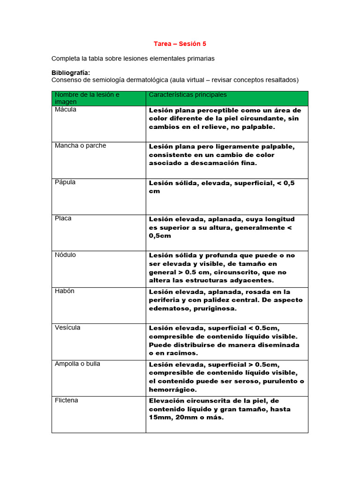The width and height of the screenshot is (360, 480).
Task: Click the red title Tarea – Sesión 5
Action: point(180,44)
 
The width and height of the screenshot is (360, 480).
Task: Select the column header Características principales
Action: point(187,95)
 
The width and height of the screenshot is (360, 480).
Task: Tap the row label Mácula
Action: point(66,109)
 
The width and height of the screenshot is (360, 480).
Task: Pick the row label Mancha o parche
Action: point(81,146)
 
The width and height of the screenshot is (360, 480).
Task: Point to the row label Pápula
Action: point(65,182)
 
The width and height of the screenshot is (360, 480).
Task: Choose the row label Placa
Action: point(63,218)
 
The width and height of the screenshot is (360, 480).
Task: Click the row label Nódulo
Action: point(65,255)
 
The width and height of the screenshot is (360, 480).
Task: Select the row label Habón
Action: point(65,291)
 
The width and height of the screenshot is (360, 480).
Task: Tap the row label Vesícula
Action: point(67,328)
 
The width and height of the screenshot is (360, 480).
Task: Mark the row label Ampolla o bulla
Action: point(77,364)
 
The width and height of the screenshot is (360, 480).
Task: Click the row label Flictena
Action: point(67,400)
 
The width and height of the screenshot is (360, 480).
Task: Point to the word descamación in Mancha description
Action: point(207,164)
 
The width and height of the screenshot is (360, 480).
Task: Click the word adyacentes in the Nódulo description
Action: point(253,281)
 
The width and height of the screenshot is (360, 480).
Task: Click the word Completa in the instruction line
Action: point(66,59)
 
